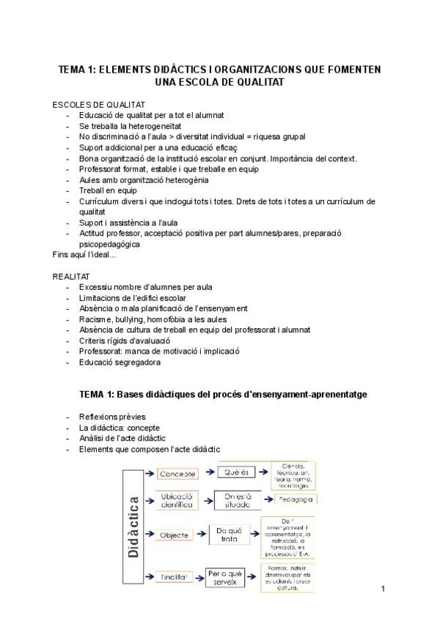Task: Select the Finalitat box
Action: point(173,576)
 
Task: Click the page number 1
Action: point(383,589)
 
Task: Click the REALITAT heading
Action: point(71,276)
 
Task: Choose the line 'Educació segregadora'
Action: point(120,362)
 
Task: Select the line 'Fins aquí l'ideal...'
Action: point(84,254)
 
